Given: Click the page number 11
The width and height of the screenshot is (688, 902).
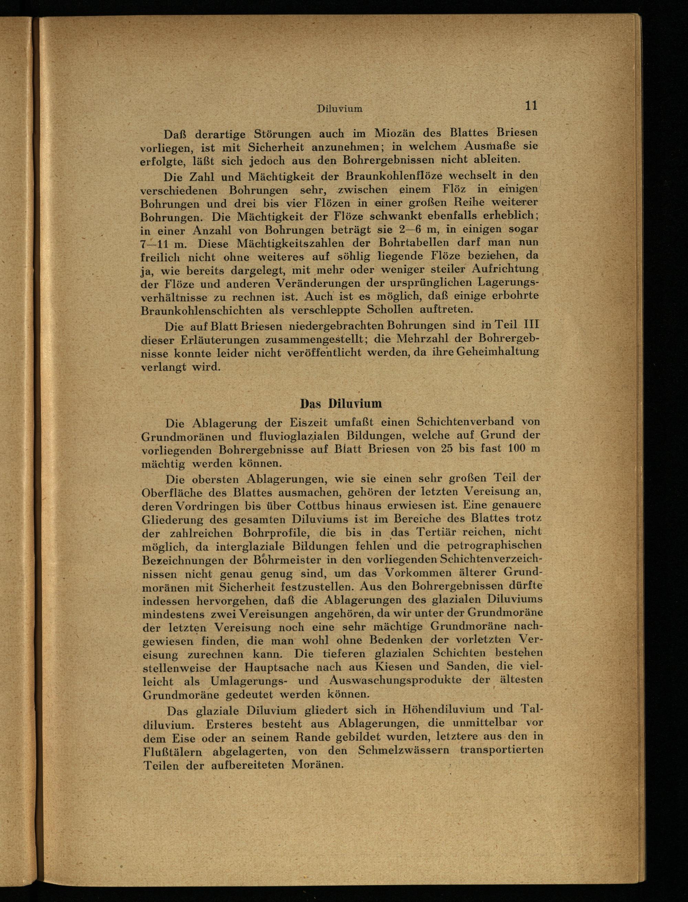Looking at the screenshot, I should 531,105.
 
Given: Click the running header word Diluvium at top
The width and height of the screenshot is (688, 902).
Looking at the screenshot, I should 340,109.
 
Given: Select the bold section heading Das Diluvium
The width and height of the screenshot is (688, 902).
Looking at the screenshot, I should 341,404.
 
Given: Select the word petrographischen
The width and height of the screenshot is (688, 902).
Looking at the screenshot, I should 494,545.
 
